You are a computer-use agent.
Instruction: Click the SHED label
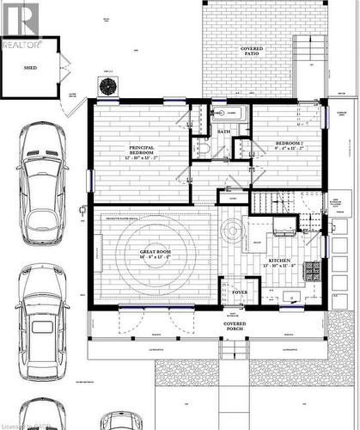coord(30,65)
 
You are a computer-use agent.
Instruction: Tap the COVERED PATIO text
coord(252,51)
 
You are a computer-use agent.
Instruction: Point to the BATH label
coord(223,132)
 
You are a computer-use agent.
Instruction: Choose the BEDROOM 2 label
coord(290,143)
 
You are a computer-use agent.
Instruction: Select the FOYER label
coord(240,292)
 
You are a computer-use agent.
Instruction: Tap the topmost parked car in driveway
coord(43,181)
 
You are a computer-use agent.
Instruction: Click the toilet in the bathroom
coord(201,147)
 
